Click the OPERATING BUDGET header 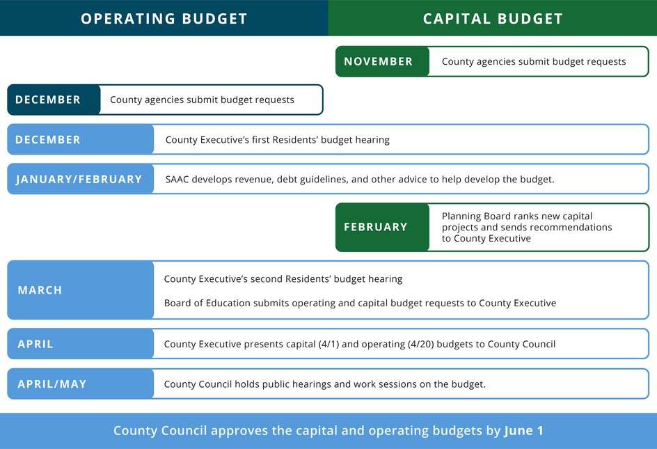(164, 19)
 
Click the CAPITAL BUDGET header (493, 19)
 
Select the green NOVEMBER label (379, 62)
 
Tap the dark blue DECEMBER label (48, 100)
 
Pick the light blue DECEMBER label (48, 140)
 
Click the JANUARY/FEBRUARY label (79, 180)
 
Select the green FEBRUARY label (376, 227)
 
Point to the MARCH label (40, 290)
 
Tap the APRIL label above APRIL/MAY (35, 345)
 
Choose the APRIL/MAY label (52, 384)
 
